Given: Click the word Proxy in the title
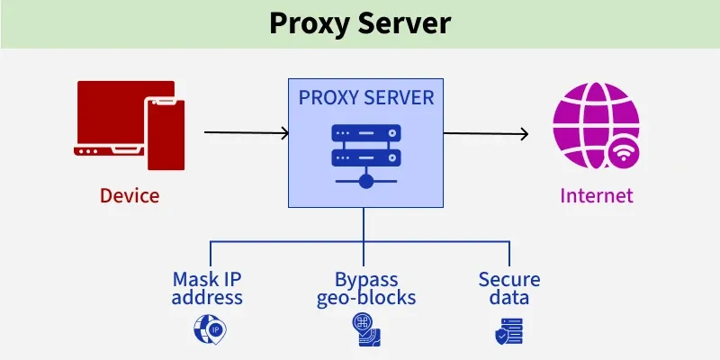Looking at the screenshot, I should [309, 24].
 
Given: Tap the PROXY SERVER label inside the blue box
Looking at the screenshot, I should [364, 97].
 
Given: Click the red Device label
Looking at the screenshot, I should [130, 195].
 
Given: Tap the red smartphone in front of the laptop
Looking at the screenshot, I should [165, 134].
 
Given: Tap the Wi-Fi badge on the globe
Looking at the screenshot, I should [623, 154].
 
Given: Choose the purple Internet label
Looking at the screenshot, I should [596, 195].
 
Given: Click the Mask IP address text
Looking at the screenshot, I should [208, 288].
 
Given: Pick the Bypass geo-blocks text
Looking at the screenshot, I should [364, 288].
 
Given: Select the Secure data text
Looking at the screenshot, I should [509, 288].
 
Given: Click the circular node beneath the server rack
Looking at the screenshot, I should [364, 183].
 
